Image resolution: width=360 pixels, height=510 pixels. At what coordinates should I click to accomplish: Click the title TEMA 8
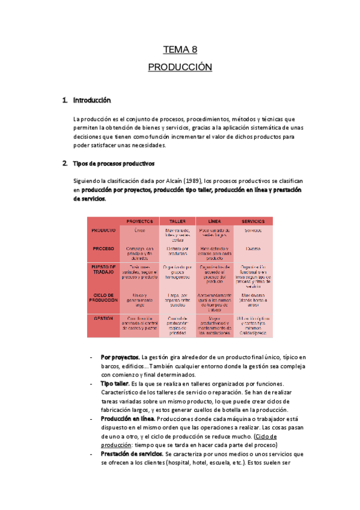tap(180, 50)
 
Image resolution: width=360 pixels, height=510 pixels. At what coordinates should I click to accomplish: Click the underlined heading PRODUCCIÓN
tap(180, 67)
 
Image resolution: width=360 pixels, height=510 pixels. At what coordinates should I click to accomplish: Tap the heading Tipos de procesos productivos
tap(114, 163)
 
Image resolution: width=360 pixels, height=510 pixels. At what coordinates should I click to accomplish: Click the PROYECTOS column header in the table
tap(139, 221)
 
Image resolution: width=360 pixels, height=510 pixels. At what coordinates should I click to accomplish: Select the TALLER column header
tap(177, 221)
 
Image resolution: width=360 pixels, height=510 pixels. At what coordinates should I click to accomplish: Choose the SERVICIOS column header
tap(252, 221)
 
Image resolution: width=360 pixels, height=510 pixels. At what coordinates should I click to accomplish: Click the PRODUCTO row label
tap(103, 230)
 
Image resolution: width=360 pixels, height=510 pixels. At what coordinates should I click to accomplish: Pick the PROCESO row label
tap(103, 248)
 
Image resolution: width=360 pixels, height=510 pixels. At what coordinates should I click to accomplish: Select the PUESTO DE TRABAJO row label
tap(103, 270)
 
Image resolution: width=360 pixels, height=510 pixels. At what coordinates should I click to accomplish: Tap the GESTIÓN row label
tap(103, 319)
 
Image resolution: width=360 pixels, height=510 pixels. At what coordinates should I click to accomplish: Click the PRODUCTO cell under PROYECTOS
tap(139, 230)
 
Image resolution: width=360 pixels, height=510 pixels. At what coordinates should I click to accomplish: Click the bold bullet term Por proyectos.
tap(120, 357)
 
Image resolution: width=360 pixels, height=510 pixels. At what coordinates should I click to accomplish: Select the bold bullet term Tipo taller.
tap(115, 383)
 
